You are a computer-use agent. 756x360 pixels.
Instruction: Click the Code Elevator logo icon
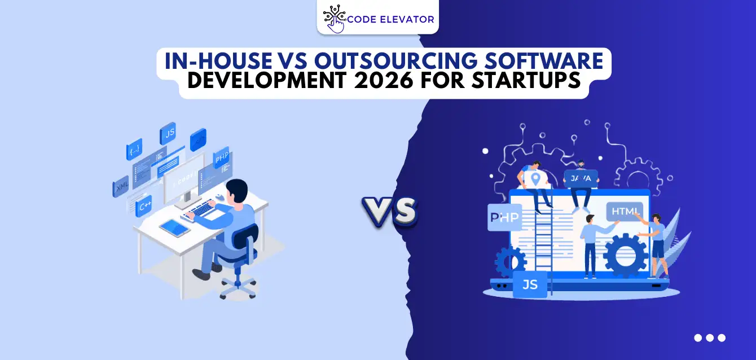click(335, 19)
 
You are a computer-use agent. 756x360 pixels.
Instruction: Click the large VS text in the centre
click(389, 213)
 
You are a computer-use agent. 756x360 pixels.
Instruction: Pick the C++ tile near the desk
click(144, 206)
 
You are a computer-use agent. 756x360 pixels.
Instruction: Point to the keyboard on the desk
click(204, 209)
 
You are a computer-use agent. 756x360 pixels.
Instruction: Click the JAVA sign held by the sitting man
click(581, 178)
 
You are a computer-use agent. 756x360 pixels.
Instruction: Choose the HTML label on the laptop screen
click(624, 212)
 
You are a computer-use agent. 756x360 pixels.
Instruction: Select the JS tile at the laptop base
click(530, 284)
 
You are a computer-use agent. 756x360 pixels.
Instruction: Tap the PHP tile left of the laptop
click(504, 217)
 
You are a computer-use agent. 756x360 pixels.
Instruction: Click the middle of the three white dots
click(710, 338)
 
